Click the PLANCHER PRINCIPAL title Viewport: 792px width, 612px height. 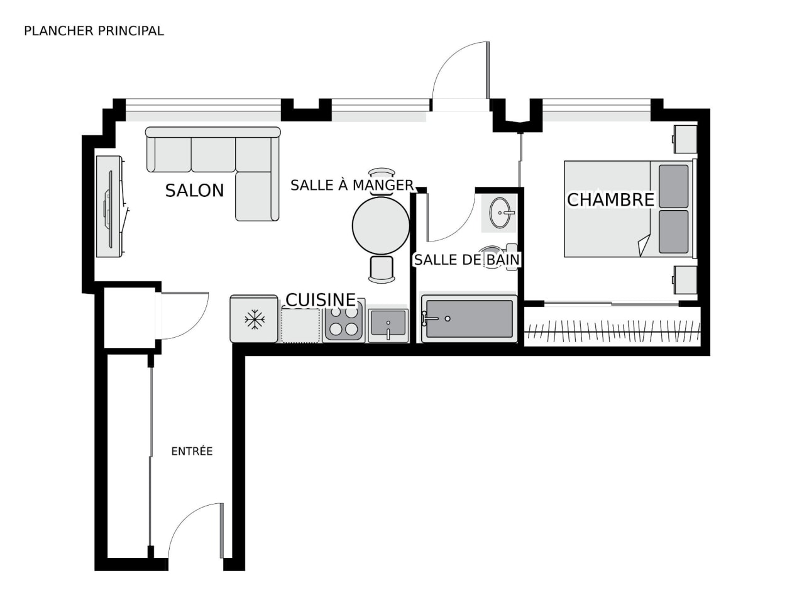94,31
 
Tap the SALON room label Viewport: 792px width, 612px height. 195,191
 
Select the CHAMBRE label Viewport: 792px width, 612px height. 610,200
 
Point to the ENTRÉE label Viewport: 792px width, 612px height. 192,451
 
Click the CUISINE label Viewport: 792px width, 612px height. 321,300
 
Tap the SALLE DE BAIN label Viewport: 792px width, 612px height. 467,260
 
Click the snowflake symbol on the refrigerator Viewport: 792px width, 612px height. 255,320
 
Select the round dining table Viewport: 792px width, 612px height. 381,225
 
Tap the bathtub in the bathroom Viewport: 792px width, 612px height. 470,318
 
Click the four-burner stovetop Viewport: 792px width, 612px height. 344,321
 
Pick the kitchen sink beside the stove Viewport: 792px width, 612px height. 388,326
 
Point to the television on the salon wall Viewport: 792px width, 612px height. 109,207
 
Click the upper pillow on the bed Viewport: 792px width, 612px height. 674,186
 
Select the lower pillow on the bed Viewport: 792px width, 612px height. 674,231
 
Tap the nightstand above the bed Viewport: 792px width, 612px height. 685,140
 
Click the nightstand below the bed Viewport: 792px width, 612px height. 685,280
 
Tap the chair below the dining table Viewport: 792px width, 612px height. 382,269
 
